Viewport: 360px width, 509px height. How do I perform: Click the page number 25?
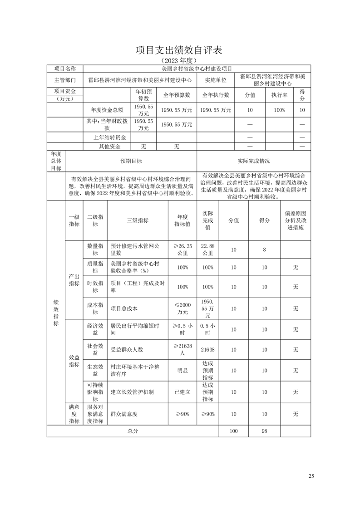pyautogui.click(x=311, y=476)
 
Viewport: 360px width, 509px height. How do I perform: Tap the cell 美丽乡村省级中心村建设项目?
pyautogui.click(x=197, y=69)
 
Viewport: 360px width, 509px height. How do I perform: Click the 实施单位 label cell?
pyautogui.click(x=216, y=79)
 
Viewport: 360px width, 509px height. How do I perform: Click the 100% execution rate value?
pyautogui.click(x=279, y=110)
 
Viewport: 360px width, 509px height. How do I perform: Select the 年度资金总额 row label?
pyautogui.click(x=107, y=110)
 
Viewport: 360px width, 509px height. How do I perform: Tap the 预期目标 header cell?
pyautogui.click(x=131, y=161)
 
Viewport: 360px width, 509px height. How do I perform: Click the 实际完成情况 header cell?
pyautogui.click(x=253, y=161)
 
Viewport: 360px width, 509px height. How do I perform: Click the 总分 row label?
pyautogui.click(x=133, y=431)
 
